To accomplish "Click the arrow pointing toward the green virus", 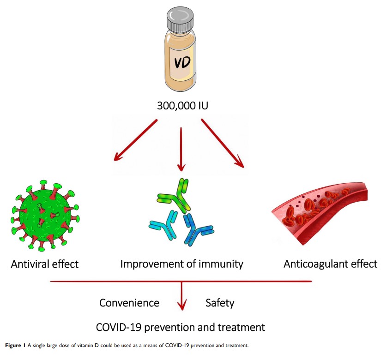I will [x=136, y=140].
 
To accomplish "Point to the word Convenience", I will [x=129, y=303].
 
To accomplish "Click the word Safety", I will [x=219, y=303].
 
